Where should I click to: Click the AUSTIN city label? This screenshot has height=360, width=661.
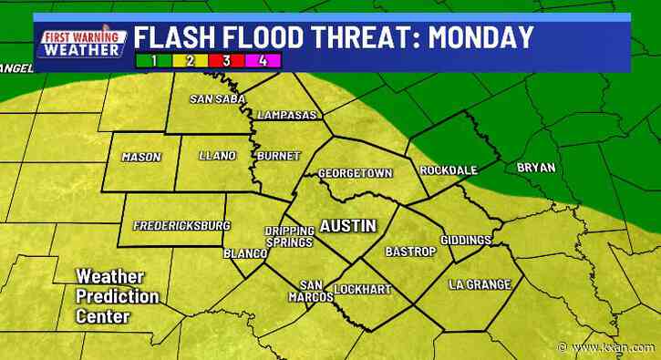tap(346, 225)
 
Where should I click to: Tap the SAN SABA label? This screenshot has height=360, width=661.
tap(212, 99)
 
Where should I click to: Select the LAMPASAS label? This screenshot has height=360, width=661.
tap(288, 116)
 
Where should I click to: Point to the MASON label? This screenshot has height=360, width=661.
tap(141, 157)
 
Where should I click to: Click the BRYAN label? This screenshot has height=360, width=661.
tap(534, 167)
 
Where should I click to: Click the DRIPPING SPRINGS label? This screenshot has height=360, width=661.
tap(288, 236)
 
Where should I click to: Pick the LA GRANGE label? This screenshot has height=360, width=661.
tap(475, 284)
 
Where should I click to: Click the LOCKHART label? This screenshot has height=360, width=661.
tap(369, 289)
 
